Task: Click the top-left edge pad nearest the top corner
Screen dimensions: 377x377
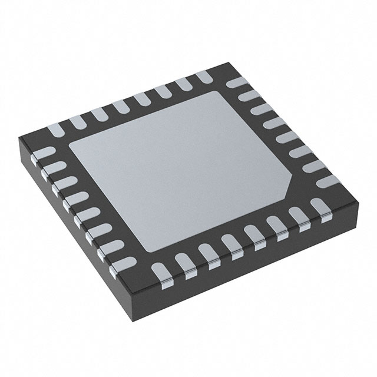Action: click(204, 75)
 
